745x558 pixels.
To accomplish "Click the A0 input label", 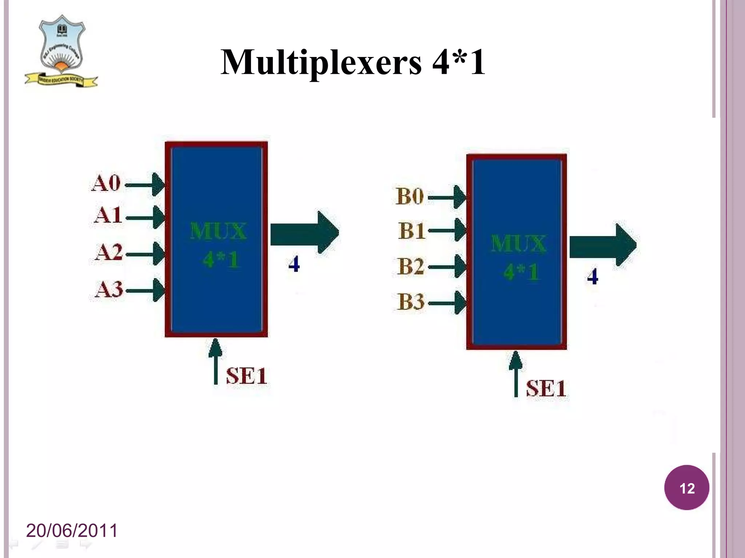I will (105, 183).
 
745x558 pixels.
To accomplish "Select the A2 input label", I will (108, 252).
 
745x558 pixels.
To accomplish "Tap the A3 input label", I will (109, 290).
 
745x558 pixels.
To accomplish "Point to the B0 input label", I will (410, 197).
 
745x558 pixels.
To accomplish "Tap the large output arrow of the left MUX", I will (304, 233).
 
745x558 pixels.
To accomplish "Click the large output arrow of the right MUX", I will (602, 245).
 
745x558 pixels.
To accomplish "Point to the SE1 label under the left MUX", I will (246, 376).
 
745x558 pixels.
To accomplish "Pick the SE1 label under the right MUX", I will (546, 388).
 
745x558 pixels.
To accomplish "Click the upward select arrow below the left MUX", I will (216, 361).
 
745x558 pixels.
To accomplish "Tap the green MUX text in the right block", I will (518, 244).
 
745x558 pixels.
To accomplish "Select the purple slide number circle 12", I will (686, 488).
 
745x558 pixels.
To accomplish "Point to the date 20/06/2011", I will (72, 530).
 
